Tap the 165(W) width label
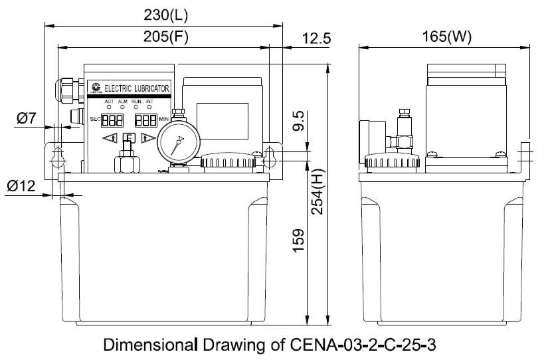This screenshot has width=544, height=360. pos(446,37)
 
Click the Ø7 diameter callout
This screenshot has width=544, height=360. pos(26,119)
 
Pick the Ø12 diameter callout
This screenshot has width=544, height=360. pos(21,187)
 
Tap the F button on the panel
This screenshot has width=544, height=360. pos(130,138)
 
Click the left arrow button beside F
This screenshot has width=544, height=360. pos(110,138)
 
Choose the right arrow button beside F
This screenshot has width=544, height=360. pos(149,138)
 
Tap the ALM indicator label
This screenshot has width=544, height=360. pos(122,101)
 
